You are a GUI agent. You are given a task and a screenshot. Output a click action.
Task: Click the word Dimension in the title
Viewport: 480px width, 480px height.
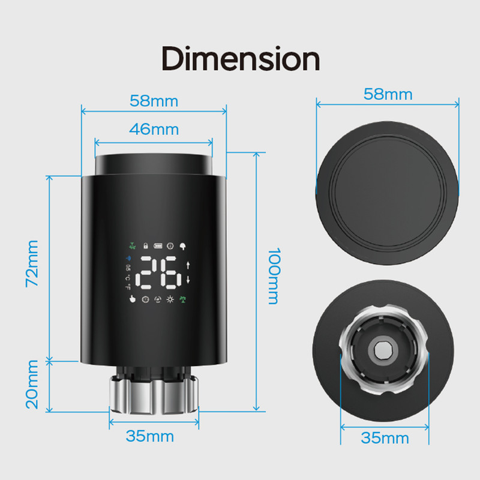[240, 59]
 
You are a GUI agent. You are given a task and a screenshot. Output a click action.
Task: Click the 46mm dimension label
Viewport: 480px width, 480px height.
[154, 129]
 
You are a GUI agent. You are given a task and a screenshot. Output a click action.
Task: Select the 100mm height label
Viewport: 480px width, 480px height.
[273, 275]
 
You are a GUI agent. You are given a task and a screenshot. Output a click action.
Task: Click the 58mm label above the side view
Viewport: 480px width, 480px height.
[154, 100]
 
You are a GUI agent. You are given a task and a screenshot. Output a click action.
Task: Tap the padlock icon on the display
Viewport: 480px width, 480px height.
[145, 245]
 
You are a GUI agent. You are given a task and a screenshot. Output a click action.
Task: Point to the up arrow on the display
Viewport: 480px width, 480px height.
[188, 266]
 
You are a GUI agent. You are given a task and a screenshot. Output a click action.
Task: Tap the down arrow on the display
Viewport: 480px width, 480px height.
[188, 281]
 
